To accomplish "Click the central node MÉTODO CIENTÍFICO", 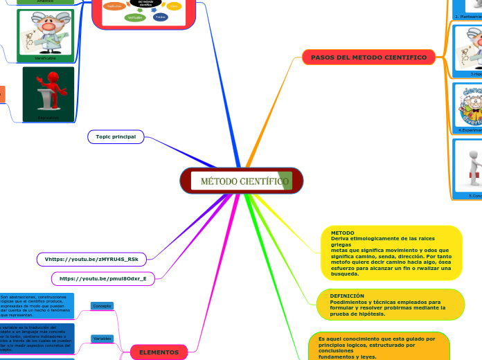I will point(242,181).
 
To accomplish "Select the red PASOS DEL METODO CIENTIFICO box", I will point(368,57).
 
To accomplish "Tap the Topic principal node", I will point(116,137).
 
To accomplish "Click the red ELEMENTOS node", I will point(159,352).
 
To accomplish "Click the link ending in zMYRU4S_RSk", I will point(91,259).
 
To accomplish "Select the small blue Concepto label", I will point(102,305).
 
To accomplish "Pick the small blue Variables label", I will point(102,339).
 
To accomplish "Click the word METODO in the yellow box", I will point(343,233).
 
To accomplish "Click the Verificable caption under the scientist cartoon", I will point(45,58).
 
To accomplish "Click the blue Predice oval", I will point(160,17).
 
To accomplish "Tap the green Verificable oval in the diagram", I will point(135,17).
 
